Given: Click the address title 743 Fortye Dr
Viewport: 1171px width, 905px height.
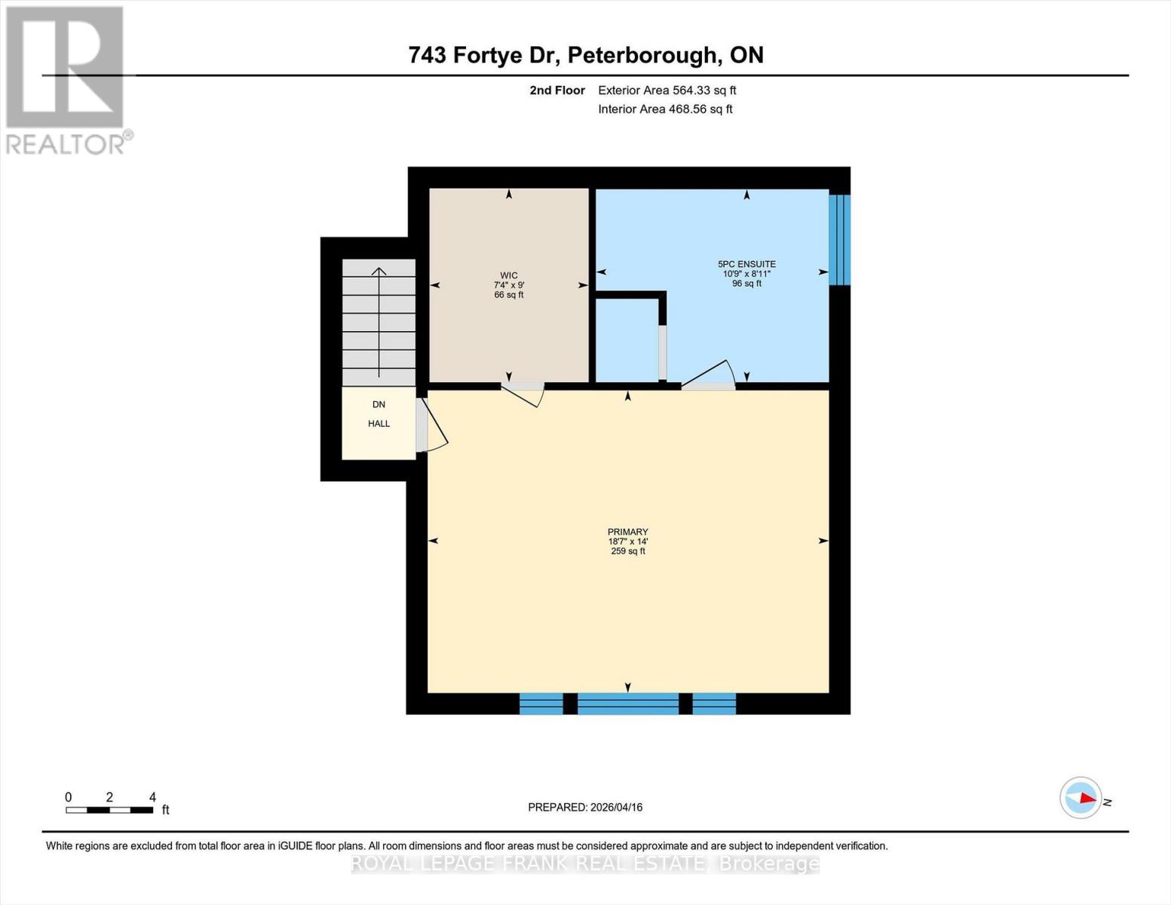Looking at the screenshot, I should pyautogui.click(x=585, y=55).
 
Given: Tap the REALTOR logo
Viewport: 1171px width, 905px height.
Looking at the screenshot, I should pyautogui.click(x=66, y=79).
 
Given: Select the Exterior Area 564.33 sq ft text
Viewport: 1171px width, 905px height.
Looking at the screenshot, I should pyautogui.click(x=667, y=90).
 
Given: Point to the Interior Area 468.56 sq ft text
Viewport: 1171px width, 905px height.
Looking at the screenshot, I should pyautogui.click(x=665, y=109).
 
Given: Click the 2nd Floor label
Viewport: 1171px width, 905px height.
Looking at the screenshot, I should pyautogui.click(x=556, y=90).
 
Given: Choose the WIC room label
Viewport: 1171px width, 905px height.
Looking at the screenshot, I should pyautogui.click(x=509, y=276).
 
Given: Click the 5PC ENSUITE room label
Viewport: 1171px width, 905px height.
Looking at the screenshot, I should pyautogui.click(x=746, y=265).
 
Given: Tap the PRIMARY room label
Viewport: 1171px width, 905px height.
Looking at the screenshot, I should pyautogui.click(x=627, y=532).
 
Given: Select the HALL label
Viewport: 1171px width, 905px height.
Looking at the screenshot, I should pyautogui.click(x=379, y=424).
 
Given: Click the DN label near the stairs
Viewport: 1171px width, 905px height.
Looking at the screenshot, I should pyautogui.click(x=379, y=405).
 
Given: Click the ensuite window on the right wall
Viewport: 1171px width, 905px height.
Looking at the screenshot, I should pyautogui.click(x=839, y=240).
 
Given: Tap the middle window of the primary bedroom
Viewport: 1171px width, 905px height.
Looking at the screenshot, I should pyautogui.click(x=627, y=704).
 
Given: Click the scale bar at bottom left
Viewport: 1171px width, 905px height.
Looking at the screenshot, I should pyautogui.click(x=109, y=810).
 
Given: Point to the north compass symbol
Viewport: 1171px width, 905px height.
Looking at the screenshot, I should pyautogui.click(x=1081, y=798).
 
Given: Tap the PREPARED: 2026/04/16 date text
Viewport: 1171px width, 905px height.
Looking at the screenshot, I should pyautogui.click(x=585, y=807).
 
